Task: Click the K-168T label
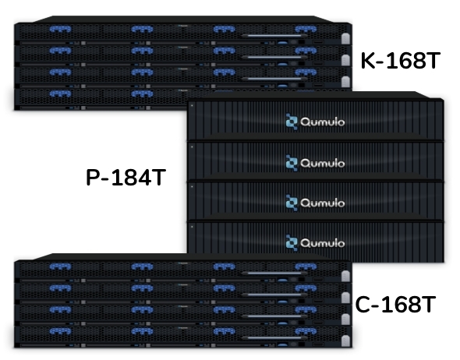[x=401, y=61]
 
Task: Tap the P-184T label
[x=126, y=178]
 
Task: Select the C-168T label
[x=395, y=305]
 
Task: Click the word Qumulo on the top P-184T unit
[x=323, y=122]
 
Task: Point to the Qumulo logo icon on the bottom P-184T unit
[x=292, y=243]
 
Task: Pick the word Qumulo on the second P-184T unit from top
[x=323, y=163]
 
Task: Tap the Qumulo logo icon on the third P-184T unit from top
[x=292, y=203]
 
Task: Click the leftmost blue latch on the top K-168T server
[x=60, y=29]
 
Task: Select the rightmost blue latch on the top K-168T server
[x=306, y=29]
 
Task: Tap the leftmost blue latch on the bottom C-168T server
[x=60, y=331]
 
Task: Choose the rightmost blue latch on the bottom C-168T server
[x=306, y=331]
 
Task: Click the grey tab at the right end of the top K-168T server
[x=345, y=38]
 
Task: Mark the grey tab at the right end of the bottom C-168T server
[x=345, y=341]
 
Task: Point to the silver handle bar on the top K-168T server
[x=274, y=36]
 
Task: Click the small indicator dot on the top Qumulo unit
[x=192, y=105]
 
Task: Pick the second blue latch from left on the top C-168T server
[x=142, y=266]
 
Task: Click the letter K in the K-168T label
[x=368, y=61]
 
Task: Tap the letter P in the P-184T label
[x=93, y=178]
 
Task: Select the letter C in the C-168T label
[x=363, y=305]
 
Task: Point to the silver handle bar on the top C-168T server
[x=274, y=274]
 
